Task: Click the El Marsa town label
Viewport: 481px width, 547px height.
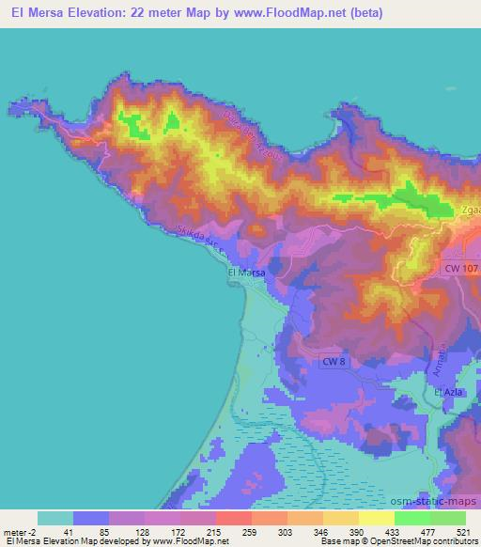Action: click(x=247, y=273)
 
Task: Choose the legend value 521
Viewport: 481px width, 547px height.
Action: click(x=461, y=532)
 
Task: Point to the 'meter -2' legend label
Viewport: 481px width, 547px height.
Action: click(x=19, y=532)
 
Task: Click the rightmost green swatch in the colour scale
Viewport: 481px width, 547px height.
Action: click(x=447, y=518)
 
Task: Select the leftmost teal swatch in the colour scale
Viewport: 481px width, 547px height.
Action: click(x=55, y=518)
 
